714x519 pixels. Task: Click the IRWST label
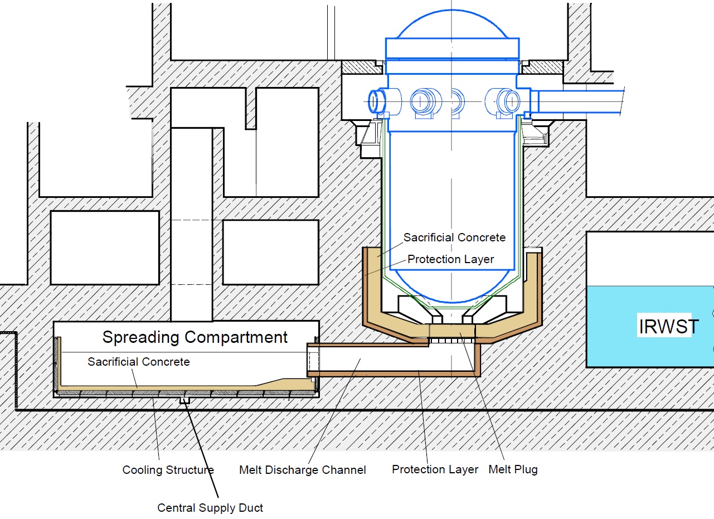667,327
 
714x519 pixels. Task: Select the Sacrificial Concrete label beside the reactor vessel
454,237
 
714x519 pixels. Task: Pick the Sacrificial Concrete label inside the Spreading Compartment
138,362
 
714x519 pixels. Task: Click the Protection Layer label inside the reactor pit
450,259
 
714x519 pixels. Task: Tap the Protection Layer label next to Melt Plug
435,469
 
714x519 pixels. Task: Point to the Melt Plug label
513,469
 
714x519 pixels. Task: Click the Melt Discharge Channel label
302,470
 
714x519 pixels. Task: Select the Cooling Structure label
168,470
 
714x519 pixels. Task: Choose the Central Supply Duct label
210,508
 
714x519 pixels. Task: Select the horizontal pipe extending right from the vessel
580,102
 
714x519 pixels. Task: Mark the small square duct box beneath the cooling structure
184,400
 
